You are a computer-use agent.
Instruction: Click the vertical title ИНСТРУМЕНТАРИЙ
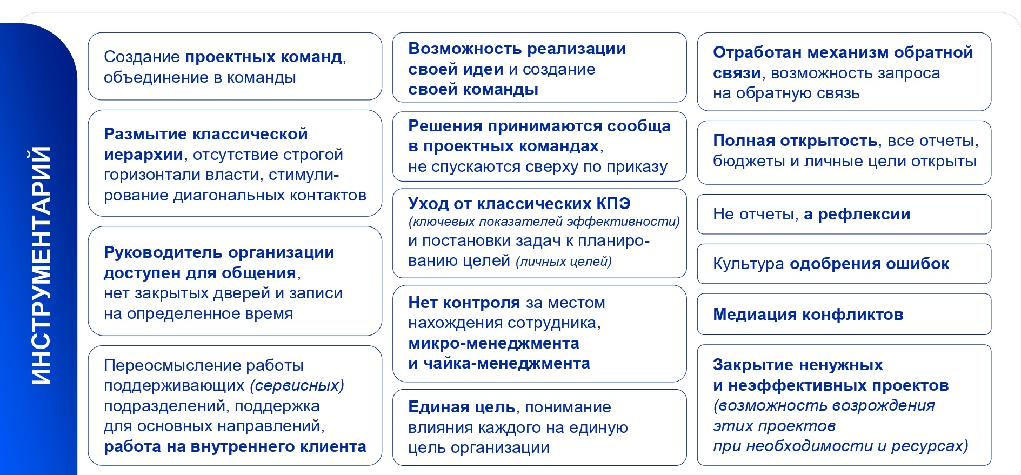[41, 265]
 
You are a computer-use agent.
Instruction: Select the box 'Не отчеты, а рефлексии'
[844, 214]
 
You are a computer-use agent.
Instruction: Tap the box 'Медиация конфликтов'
[844, 314]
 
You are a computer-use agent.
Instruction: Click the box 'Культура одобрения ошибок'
[844, 264]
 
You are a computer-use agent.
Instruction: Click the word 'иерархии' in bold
[143, 155]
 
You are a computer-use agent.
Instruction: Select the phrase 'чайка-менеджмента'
[506, 363]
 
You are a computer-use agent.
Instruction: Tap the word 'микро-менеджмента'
[493, 343]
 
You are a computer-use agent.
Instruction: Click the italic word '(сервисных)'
[297, 385]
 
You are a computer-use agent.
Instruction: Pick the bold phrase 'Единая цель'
[462, 407]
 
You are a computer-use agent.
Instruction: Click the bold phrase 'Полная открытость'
[795, 141]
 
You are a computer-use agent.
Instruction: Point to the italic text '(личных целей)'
[564, 262]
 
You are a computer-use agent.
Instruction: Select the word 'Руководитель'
[163, 252]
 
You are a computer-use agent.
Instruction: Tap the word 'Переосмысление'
[172, 365]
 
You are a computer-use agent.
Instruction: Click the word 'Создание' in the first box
[142, 57]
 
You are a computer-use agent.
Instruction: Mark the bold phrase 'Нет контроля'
[464, 303]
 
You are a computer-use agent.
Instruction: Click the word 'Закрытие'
[751, 365]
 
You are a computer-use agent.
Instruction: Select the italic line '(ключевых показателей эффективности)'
[544, 222]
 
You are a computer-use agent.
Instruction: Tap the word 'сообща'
[639, 126]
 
